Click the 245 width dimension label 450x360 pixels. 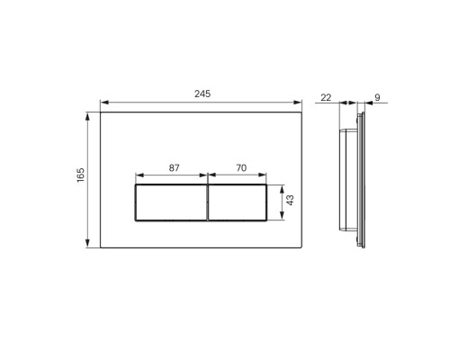(202, 94)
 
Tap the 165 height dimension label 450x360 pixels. (81, 175)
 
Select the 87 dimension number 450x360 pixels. (174, 168)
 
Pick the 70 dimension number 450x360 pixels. (241, 168)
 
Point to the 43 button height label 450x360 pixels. (290, 200)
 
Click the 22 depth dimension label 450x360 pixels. (326, 97)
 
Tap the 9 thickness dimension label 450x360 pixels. (377, 97)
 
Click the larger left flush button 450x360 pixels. (171, 202)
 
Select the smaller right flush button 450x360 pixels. (237, 202)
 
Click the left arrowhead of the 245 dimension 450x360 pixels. (104, 103)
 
